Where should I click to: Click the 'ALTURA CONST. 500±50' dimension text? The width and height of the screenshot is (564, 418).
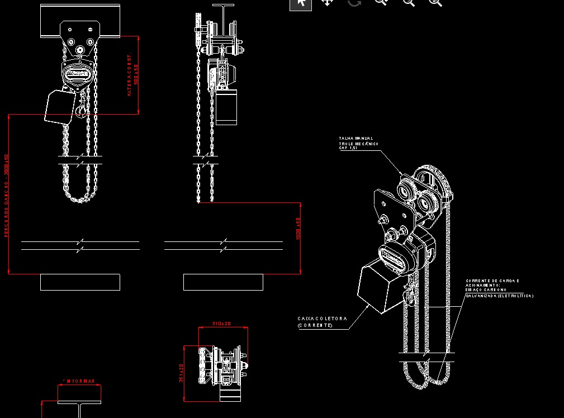coord(132,75)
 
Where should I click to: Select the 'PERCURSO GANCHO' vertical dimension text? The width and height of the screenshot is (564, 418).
coord(7,196)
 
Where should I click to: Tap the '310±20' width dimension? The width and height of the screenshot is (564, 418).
coord(221,324)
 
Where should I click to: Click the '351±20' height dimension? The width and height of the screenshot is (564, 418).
coord(181,373)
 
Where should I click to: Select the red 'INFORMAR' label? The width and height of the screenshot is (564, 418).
coord(79,382)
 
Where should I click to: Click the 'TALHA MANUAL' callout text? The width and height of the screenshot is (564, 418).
coord(356,139)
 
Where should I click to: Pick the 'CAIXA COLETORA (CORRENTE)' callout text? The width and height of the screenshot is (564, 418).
coord(323,322)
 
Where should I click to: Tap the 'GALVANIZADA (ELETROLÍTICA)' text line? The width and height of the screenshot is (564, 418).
coord(499,296)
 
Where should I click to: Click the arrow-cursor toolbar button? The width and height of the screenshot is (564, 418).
coord(300,3)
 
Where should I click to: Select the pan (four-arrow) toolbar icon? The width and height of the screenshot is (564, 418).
coord(327,3)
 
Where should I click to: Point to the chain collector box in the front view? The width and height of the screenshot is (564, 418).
coord(59,107)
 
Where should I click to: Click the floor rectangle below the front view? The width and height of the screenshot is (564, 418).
coord(80,282)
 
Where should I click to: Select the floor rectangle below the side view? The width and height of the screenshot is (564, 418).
coord(223,282)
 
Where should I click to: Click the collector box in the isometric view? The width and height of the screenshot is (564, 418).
coord(381,288)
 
